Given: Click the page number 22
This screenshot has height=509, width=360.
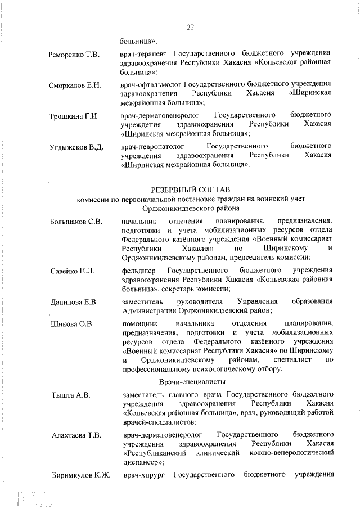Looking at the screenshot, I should tap(190, 27).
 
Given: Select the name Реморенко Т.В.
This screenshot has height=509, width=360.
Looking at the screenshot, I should tap(74, 55).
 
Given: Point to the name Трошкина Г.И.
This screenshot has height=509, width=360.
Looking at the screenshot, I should tap(74, 116).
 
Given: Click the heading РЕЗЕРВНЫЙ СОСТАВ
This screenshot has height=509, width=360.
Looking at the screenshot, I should tap(191, 190).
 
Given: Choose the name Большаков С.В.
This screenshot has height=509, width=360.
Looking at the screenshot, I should tap(76, 222).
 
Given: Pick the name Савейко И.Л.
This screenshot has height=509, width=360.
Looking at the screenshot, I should tap(72, 271).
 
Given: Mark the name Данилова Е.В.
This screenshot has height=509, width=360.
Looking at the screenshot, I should tap(74, 303).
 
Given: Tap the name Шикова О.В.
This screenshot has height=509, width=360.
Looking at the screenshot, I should tap(72, 324).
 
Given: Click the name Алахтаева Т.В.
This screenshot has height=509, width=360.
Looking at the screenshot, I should tap(76, 435).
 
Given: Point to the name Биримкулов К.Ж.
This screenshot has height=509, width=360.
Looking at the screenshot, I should tap(80, 476).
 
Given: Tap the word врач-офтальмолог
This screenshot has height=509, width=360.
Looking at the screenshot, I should tap(151, 85).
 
